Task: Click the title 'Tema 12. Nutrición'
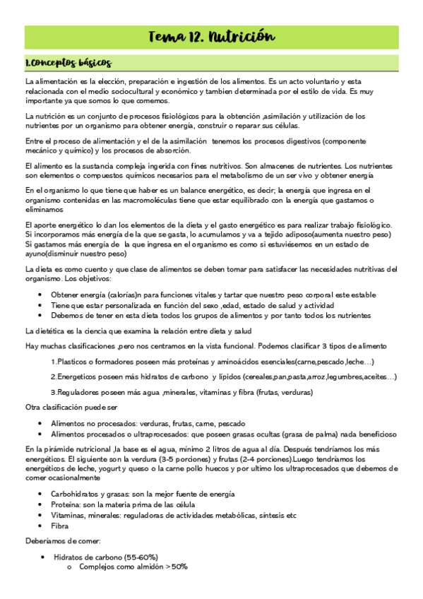click(x=212, y=37)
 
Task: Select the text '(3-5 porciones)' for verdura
click(x=177, y=458)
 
